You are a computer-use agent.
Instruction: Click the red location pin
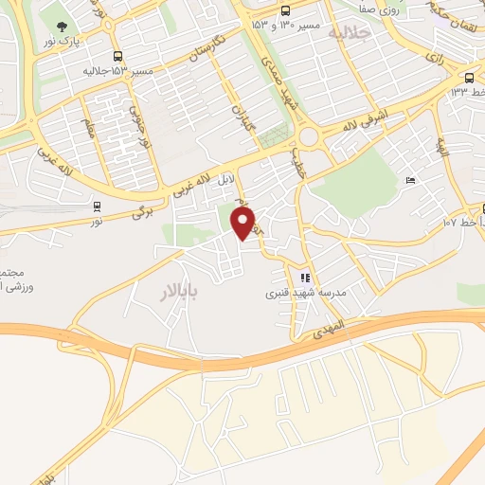pyautogui.click(x=243, y=223)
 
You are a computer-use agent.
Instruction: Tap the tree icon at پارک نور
pyautogui.click(x=63, y=27)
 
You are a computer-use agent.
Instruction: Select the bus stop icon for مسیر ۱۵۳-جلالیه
pyautogui.click(x=117, y=56)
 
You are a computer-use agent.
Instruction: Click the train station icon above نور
pyautogui.click(x=97, y=206)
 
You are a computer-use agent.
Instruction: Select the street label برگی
pyautogui.click(x=142, y=212)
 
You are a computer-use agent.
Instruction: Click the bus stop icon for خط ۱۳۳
pyautogui.click(x=469, y=78)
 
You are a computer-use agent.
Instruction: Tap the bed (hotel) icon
pyautogui.click(x=409, y=181)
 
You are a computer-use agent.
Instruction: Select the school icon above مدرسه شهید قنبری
pyautogui.click(x=304, y=278)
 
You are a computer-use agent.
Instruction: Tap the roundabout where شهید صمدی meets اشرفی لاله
pyautogui.click(x=313, y=138)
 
